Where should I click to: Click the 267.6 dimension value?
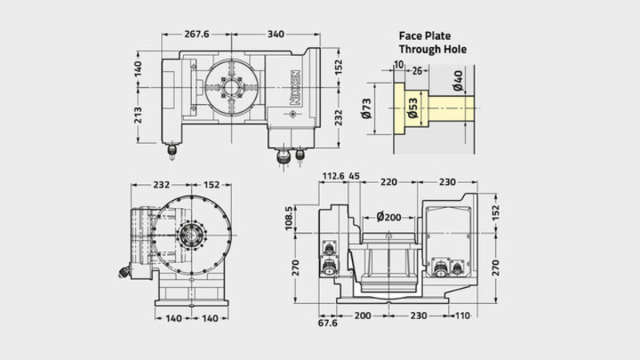196,34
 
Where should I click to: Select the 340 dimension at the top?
276,34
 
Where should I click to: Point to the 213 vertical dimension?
138,115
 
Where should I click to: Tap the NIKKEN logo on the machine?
295,88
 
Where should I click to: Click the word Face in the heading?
410,36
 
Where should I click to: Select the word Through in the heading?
419,50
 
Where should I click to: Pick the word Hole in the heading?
455,50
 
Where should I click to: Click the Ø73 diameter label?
366,109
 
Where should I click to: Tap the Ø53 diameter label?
413,108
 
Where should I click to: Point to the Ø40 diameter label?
458,81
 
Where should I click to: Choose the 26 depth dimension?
417,71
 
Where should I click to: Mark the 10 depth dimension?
398,65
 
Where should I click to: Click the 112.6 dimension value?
334,176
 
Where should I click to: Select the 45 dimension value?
354,176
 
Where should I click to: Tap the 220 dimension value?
389,182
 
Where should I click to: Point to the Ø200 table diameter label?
389,217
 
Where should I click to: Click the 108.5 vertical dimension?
289,218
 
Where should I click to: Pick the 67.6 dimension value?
328,323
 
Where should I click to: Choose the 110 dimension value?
462,315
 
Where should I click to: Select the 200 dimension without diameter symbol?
362,315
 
